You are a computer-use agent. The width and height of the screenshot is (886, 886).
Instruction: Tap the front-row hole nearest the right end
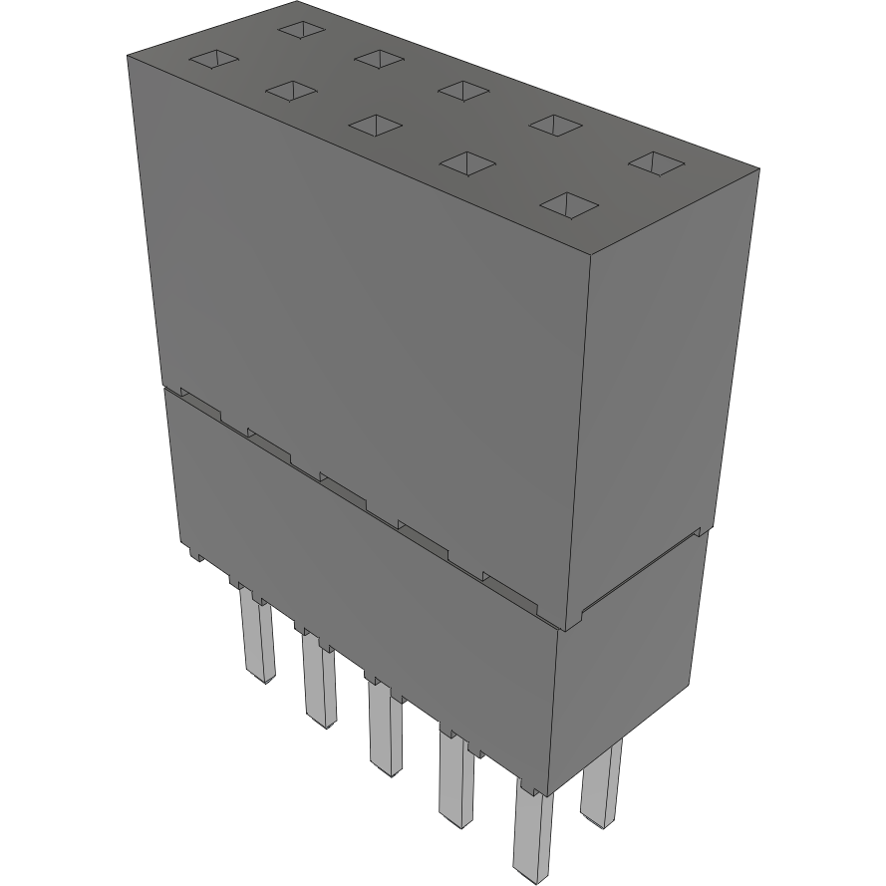568,204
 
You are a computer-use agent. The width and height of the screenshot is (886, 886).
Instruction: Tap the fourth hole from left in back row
555,125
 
